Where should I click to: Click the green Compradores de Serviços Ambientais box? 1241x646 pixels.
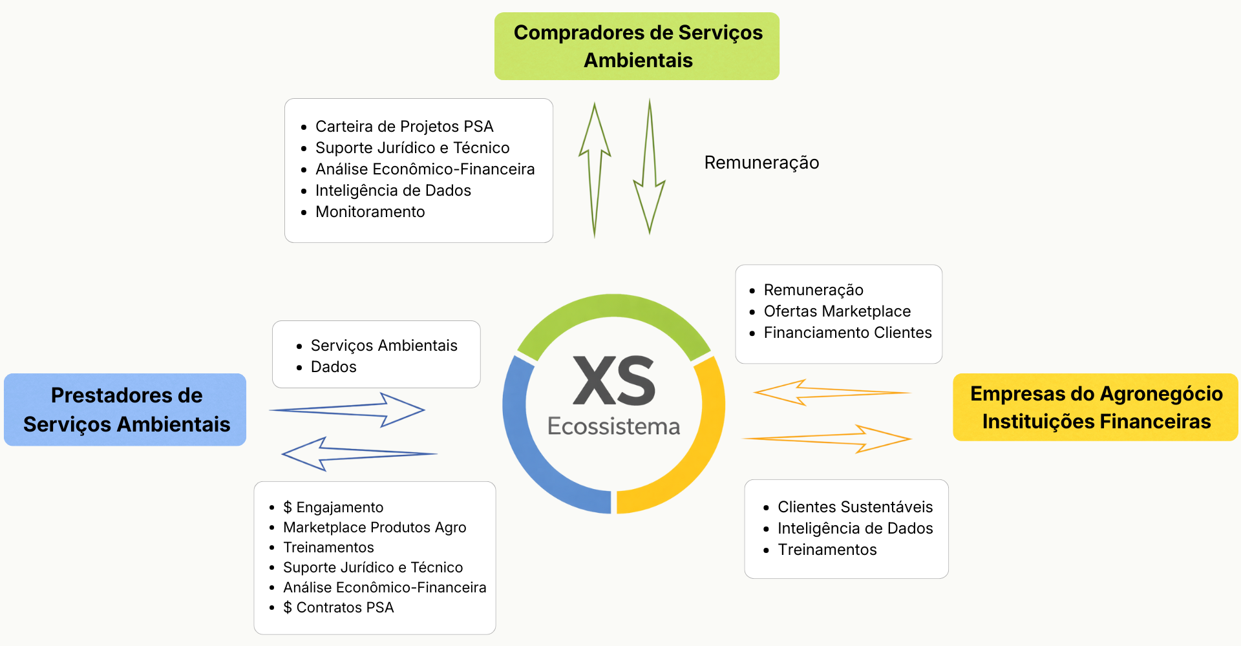(637, 46)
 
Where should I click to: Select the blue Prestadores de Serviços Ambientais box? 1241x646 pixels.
(125, 410)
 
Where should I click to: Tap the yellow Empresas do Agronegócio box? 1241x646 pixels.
(1096, 407)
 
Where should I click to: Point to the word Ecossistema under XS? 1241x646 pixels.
(613, 426)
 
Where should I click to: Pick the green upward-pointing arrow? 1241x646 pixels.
(595, 168)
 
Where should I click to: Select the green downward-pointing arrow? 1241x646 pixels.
(650, 168)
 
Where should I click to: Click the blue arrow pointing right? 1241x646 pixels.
(349, 410)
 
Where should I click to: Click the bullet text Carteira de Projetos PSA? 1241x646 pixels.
(404, 127)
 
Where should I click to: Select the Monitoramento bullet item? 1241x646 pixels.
(370, 212)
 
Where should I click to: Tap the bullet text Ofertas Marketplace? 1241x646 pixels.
(837, 311)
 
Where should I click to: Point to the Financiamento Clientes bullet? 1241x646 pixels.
(847, 333)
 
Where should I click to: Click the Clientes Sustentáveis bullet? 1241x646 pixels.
(854, 507)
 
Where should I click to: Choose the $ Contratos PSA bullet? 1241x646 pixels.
(338, 607)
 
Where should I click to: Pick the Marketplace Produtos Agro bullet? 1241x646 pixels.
(374, 527)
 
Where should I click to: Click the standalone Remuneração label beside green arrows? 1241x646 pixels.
(761, 163)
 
